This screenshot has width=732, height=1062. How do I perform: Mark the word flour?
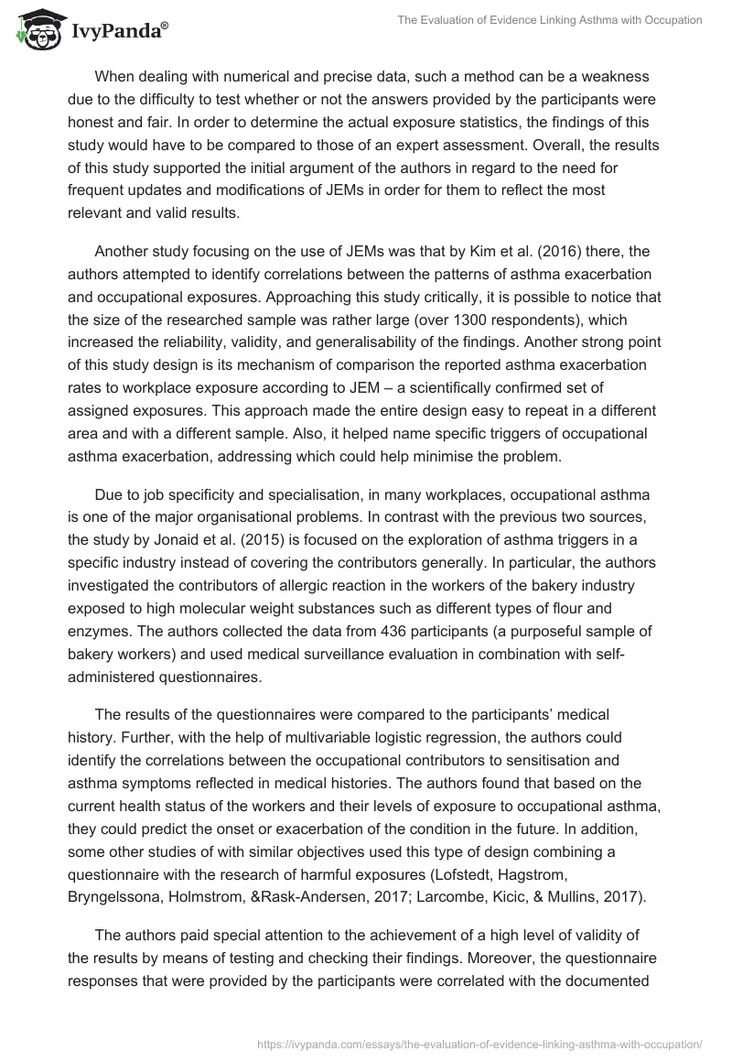(587, 608)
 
